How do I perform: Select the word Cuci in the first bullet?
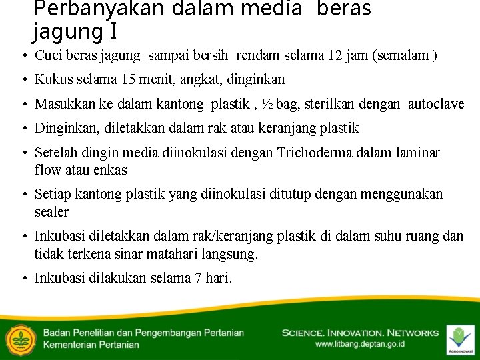pos(48,55)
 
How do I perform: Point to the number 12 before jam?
pos(335,55)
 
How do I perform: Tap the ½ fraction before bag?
pos(266,104)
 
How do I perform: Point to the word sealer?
pos(51,212)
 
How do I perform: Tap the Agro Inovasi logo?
pos(460,339)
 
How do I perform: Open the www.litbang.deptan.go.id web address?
pos(359,345)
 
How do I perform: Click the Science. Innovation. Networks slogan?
pos(360,333)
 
